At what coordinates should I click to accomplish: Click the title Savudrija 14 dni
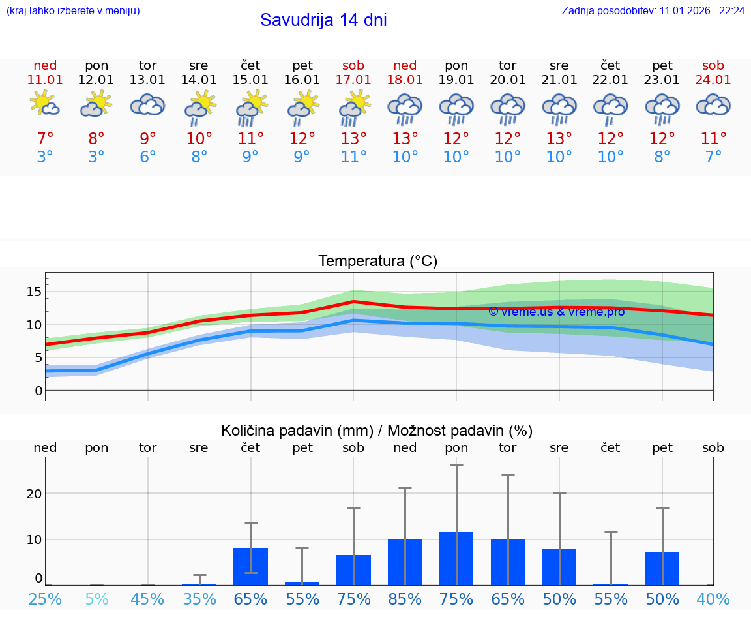[323, 20]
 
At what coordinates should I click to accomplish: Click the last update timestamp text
[653, 10]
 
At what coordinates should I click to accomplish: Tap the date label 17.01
[353, 80]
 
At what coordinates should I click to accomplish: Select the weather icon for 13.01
[147, 105]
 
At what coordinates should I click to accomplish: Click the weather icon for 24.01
[713, 105]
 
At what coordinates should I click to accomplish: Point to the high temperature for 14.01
[199, 139]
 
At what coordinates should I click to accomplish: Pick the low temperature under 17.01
[353, 157]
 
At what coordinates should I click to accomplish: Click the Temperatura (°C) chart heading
[377, 262]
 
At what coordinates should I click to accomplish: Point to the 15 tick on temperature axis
[34, 292]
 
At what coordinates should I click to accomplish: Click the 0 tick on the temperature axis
[38, 391]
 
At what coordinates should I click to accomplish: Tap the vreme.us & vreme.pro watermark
[556, 312]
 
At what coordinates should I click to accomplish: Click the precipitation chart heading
[377, 431]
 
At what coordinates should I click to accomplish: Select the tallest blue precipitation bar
[456, 558]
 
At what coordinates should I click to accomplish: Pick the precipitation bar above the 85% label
[405, 562]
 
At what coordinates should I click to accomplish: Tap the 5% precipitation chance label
[96, 599]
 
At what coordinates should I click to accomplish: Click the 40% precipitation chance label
[713, 599]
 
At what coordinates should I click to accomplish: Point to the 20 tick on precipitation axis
[34, 494]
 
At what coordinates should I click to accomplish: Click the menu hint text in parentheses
[73, 10]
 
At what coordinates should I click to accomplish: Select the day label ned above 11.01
[45, 66]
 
